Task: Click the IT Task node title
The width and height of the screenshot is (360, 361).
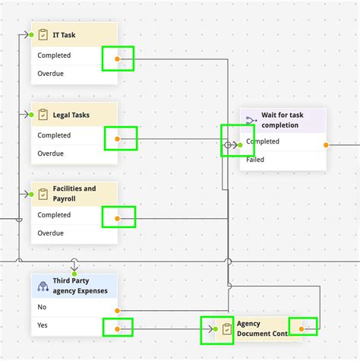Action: coord(63,35)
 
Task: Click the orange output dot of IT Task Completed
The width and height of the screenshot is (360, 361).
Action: coord(116,59)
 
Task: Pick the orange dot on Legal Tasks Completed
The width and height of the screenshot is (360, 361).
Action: coord(117,138)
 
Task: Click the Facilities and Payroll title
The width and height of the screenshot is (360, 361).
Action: coord(74,194)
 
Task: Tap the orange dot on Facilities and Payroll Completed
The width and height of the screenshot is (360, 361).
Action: coord(117,218)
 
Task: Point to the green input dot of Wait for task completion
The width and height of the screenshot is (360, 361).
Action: coord(240,144)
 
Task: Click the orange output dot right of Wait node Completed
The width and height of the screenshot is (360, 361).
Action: coord(326,144)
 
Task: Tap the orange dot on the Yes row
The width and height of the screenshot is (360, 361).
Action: coord(117,329)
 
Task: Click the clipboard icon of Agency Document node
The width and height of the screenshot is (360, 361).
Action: coord(226,328)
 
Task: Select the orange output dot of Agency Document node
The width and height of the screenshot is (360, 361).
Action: coord(302,329)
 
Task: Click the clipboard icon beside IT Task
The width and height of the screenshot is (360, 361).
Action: coord(43,35)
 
